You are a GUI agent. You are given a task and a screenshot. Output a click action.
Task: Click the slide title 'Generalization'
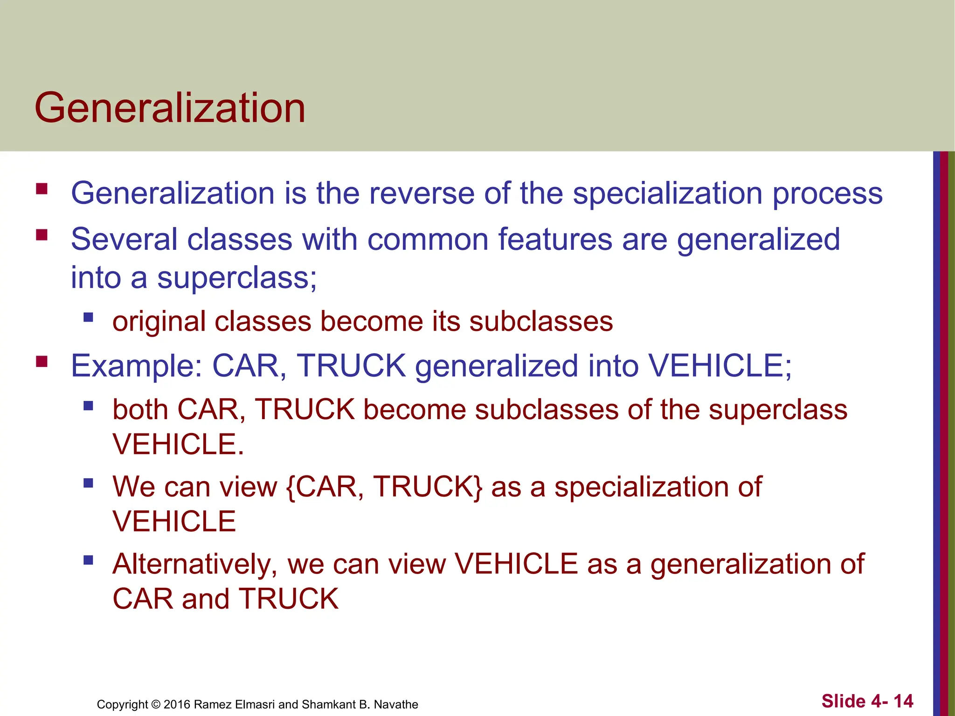(170, 108)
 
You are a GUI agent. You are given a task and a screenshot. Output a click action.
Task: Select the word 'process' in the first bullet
(827, 194)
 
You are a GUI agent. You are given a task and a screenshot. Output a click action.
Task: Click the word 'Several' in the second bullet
(124, 239)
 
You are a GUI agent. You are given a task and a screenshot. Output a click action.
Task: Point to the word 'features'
(555, 239)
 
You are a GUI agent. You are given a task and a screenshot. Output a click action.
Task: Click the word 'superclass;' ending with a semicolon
(237, 278)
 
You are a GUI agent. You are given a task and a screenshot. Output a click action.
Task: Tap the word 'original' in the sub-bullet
(159, 322)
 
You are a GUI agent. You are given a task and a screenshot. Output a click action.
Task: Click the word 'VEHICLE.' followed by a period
(178, 444)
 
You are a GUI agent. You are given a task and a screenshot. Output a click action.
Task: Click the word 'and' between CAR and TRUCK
(206, 599)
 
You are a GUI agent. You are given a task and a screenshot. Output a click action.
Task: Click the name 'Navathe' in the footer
(396, 704)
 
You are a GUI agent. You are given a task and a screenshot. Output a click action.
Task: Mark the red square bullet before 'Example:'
(42, 361)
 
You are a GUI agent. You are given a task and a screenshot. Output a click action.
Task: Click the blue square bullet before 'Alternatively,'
(88, 559)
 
